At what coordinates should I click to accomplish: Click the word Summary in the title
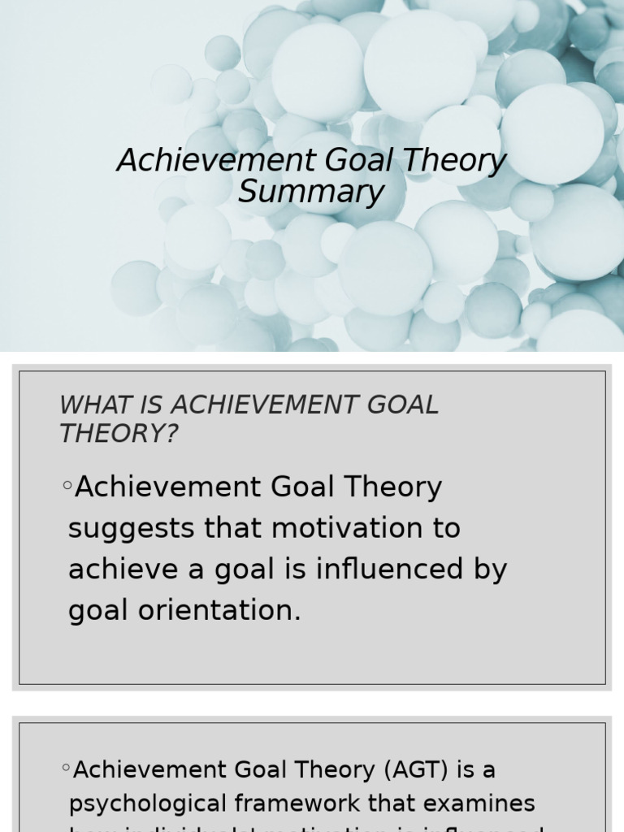pos(310,193)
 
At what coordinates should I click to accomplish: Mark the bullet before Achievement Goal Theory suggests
pos(67,487)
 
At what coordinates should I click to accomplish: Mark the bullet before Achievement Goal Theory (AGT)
pos(66,768)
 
